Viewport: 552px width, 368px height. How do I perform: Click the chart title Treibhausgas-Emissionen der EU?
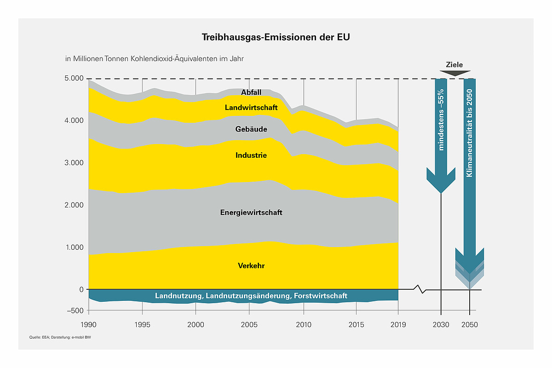click(276, 37)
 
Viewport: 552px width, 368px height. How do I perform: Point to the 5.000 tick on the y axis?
click(74, 79)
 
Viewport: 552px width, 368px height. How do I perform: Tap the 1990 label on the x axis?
click(88, 325)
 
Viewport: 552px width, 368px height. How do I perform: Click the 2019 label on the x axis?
click(397, 325)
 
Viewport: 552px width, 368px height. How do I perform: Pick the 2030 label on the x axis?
click(441, 325)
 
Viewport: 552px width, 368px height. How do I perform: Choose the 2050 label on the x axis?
click(470, 325)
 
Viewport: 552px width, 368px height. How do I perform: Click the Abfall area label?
click(251, 92)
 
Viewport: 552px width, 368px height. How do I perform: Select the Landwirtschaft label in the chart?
click(251, 108)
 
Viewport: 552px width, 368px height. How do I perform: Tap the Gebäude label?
click(251, 129)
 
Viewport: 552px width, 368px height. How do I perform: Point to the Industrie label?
click(251, 155)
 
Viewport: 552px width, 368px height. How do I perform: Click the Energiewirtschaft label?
click(251, 213)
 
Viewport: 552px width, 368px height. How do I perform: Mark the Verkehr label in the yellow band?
click(251, 266)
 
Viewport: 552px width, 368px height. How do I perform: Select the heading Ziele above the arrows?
click(454, 65)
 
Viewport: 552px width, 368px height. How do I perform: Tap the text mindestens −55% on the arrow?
click(442, 120)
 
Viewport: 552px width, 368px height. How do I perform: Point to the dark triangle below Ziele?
click(455, 73)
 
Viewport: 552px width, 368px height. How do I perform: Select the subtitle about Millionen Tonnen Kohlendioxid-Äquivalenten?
click(154, 59)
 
